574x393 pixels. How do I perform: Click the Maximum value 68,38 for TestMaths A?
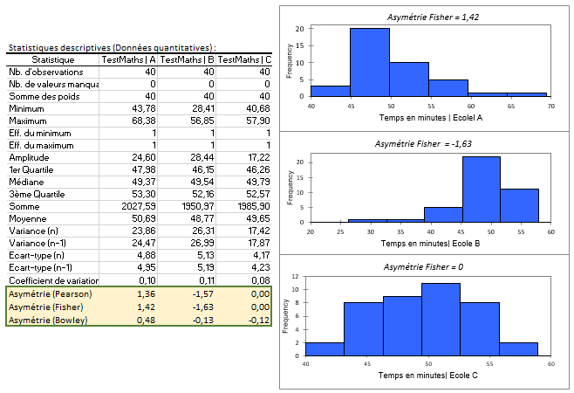click(145, 121)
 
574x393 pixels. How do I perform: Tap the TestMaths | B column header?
click(187, 59)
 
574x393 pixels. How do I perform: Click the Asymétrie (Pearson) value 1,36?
click(147, 295)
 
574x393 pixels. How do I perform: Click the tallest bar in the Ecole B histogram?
click(481, 190)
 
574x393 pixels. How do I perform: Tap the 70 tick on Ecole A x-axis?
click(550, 106)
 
